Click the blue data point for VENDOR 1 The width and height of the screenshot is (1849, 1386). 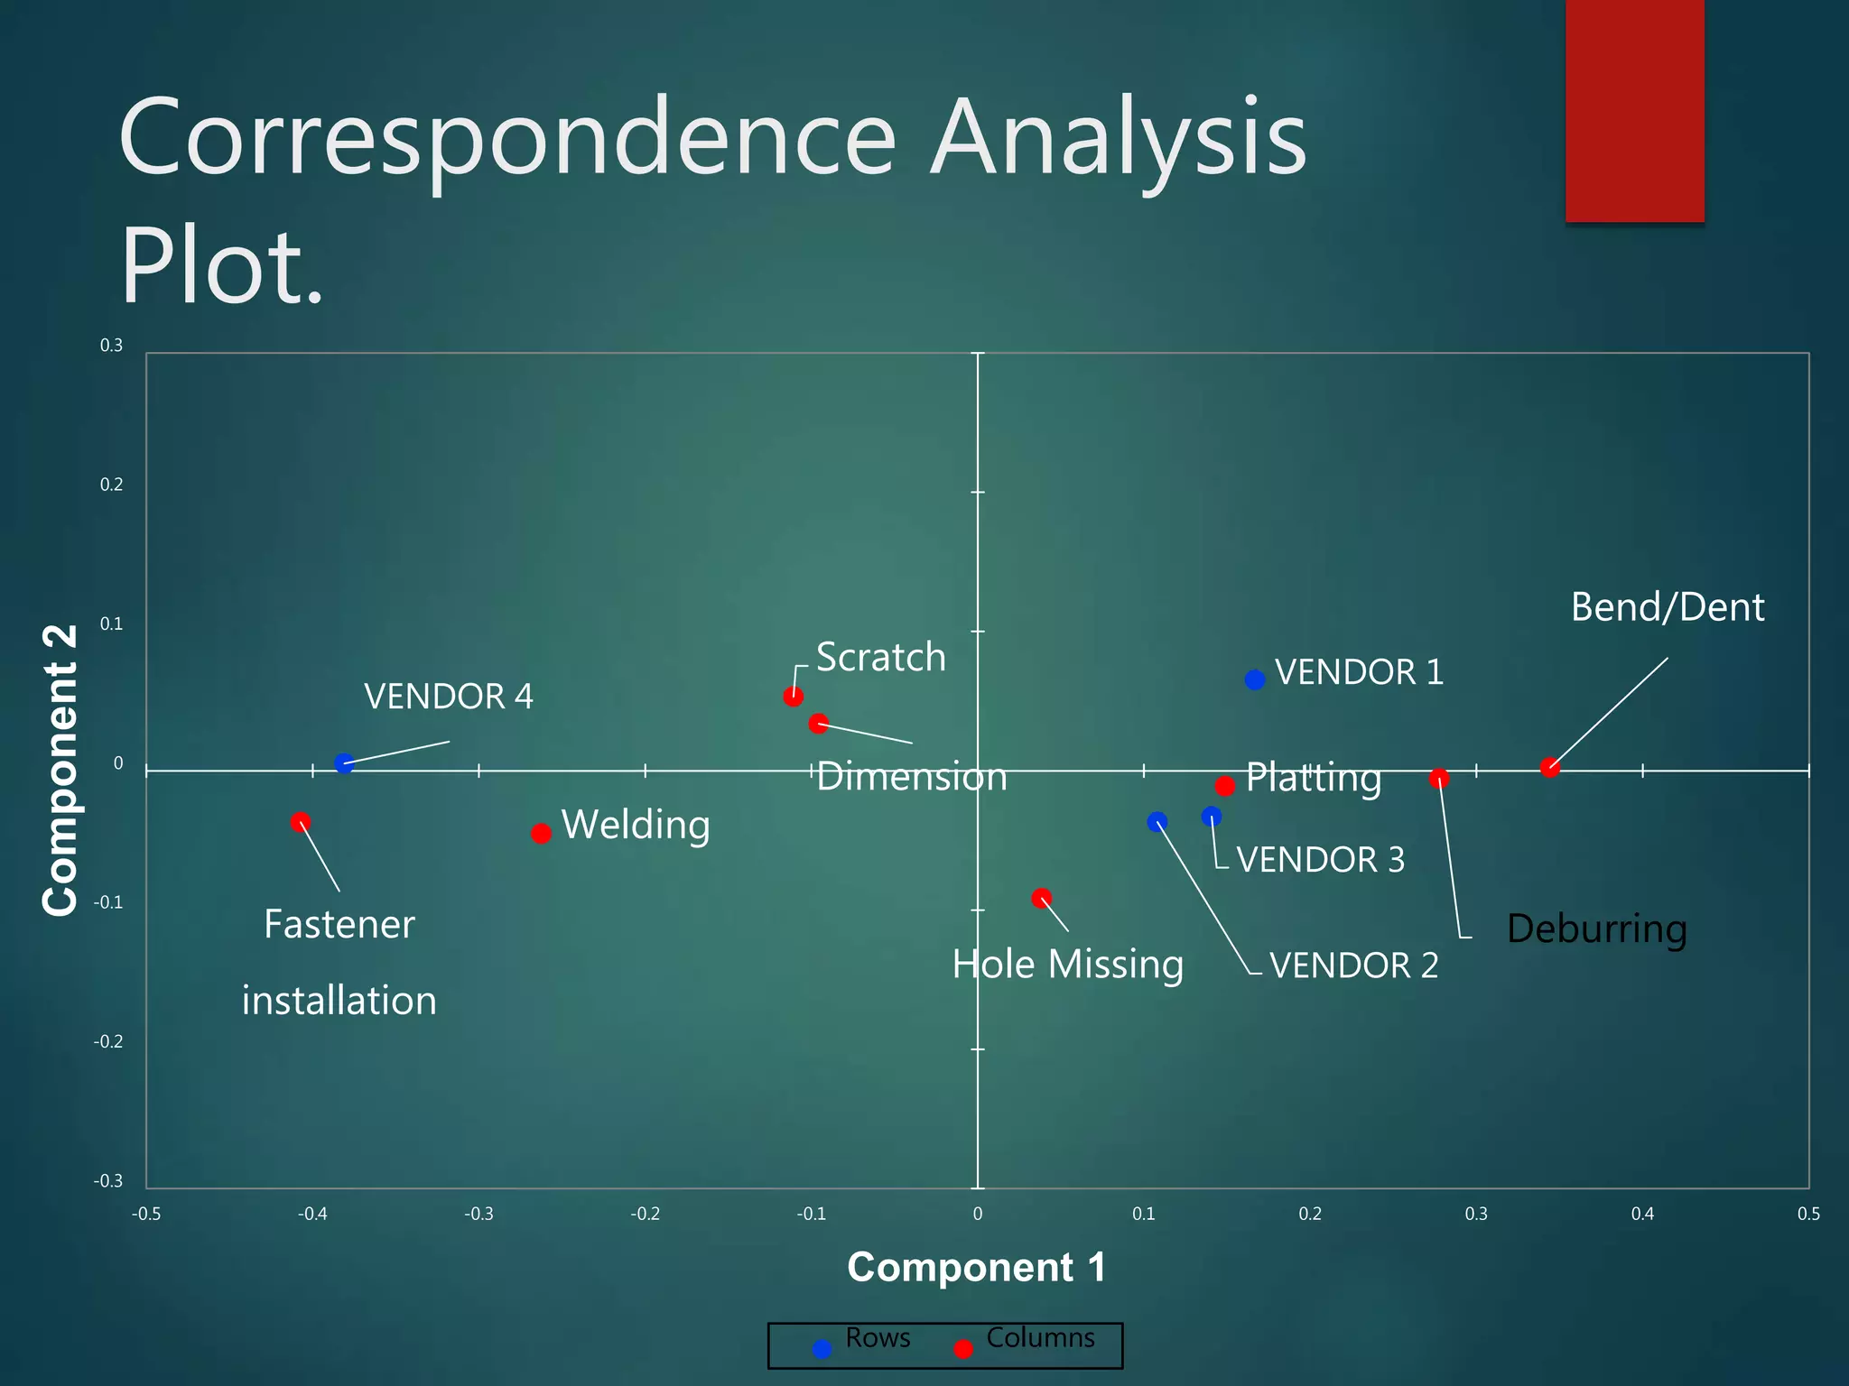(x=1255, y=679)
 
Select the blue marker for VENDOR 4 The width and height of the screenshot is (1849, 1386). (x=344, y=763)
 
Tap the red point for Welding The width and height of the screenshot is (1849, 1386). (x=541, y=833)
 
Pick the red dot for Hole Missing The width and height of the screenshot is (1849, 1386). (x=1042, y=898)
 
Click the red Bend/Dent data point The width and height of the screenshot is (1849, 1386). (x=1550, y=768)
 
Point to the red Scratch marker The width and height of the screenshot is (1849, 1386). (x=794, y=696)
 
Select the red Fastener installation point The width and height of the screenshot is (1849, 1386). (x=301, y=822)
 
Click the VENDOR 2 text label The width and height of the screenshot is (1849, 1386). (x=1353, y=966)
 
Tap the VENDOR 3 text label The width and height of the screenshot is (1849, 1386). (x=1320, y=860)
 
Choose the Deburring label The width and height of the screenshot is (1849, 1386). (x=1596, y=929)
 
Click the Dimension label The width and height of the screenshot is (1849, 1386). (x=911, y=777)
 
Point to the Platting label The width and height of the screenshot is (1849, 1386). (x=1314, y=778)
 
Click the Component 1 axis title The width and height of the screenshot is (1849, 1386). (x=976, y=1267)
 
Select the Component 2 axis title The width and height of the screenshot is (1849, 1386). (x=61, y=770)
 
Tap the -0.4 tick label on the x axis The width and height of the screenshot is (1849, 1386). (x=312, y=1215)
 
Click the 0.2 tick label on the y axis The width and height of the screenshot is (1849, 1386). (x=111, y=485)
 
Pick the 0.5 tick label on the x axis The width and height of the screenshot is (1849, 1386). (x=1808, y=1215)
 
